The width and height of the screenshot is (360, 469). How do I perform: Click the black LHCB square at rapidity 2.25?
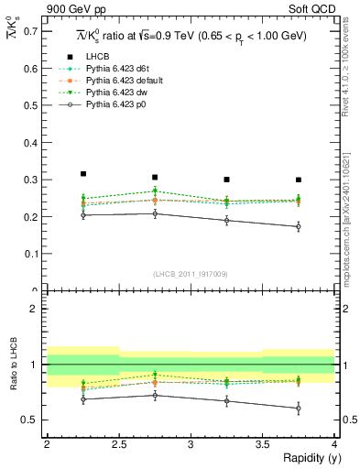point(82,173)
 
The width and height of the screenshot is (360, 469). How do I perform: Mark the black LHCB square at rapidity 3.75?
point(299,180)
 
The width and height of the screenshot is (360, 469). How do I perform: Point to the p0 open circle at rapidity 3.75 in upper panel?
point(299,226)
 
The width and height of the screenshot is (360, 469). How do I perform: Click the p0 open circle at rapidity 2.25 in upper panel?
point(82,214)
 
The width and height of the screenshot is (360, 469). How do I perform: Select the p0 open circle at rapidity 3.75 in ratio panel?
point(299,408)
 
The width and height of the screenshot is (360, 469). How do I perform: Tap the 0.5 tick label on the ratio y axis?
point(30,420)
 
